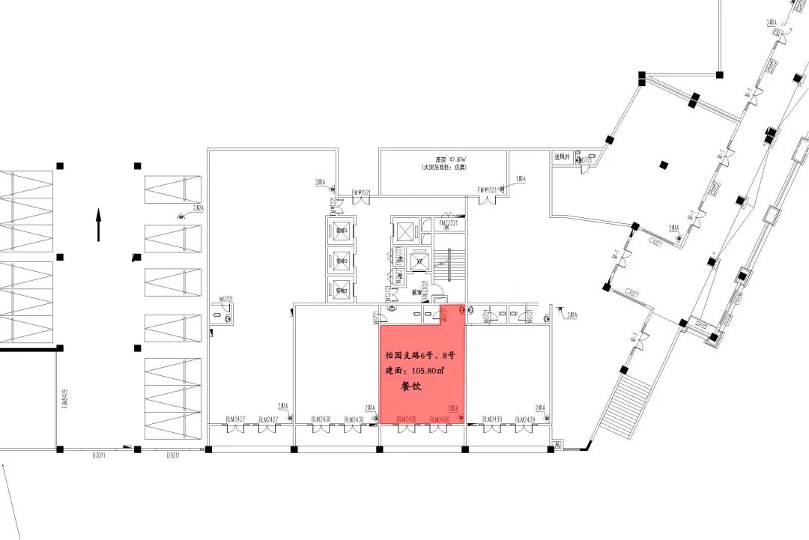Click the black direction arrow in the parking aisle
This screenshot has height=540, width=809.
(x=98, y=225)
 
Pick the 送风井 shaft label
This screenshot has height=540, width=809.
(x=563, y=157)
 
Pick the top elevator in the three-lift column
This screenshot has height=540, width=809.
(x=342, y=230)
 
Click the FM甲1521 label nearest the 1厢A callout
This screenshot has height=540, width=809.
(x=488, y=192)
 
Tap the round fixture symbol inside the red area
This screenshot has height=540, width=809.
(x=462, y=309)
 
